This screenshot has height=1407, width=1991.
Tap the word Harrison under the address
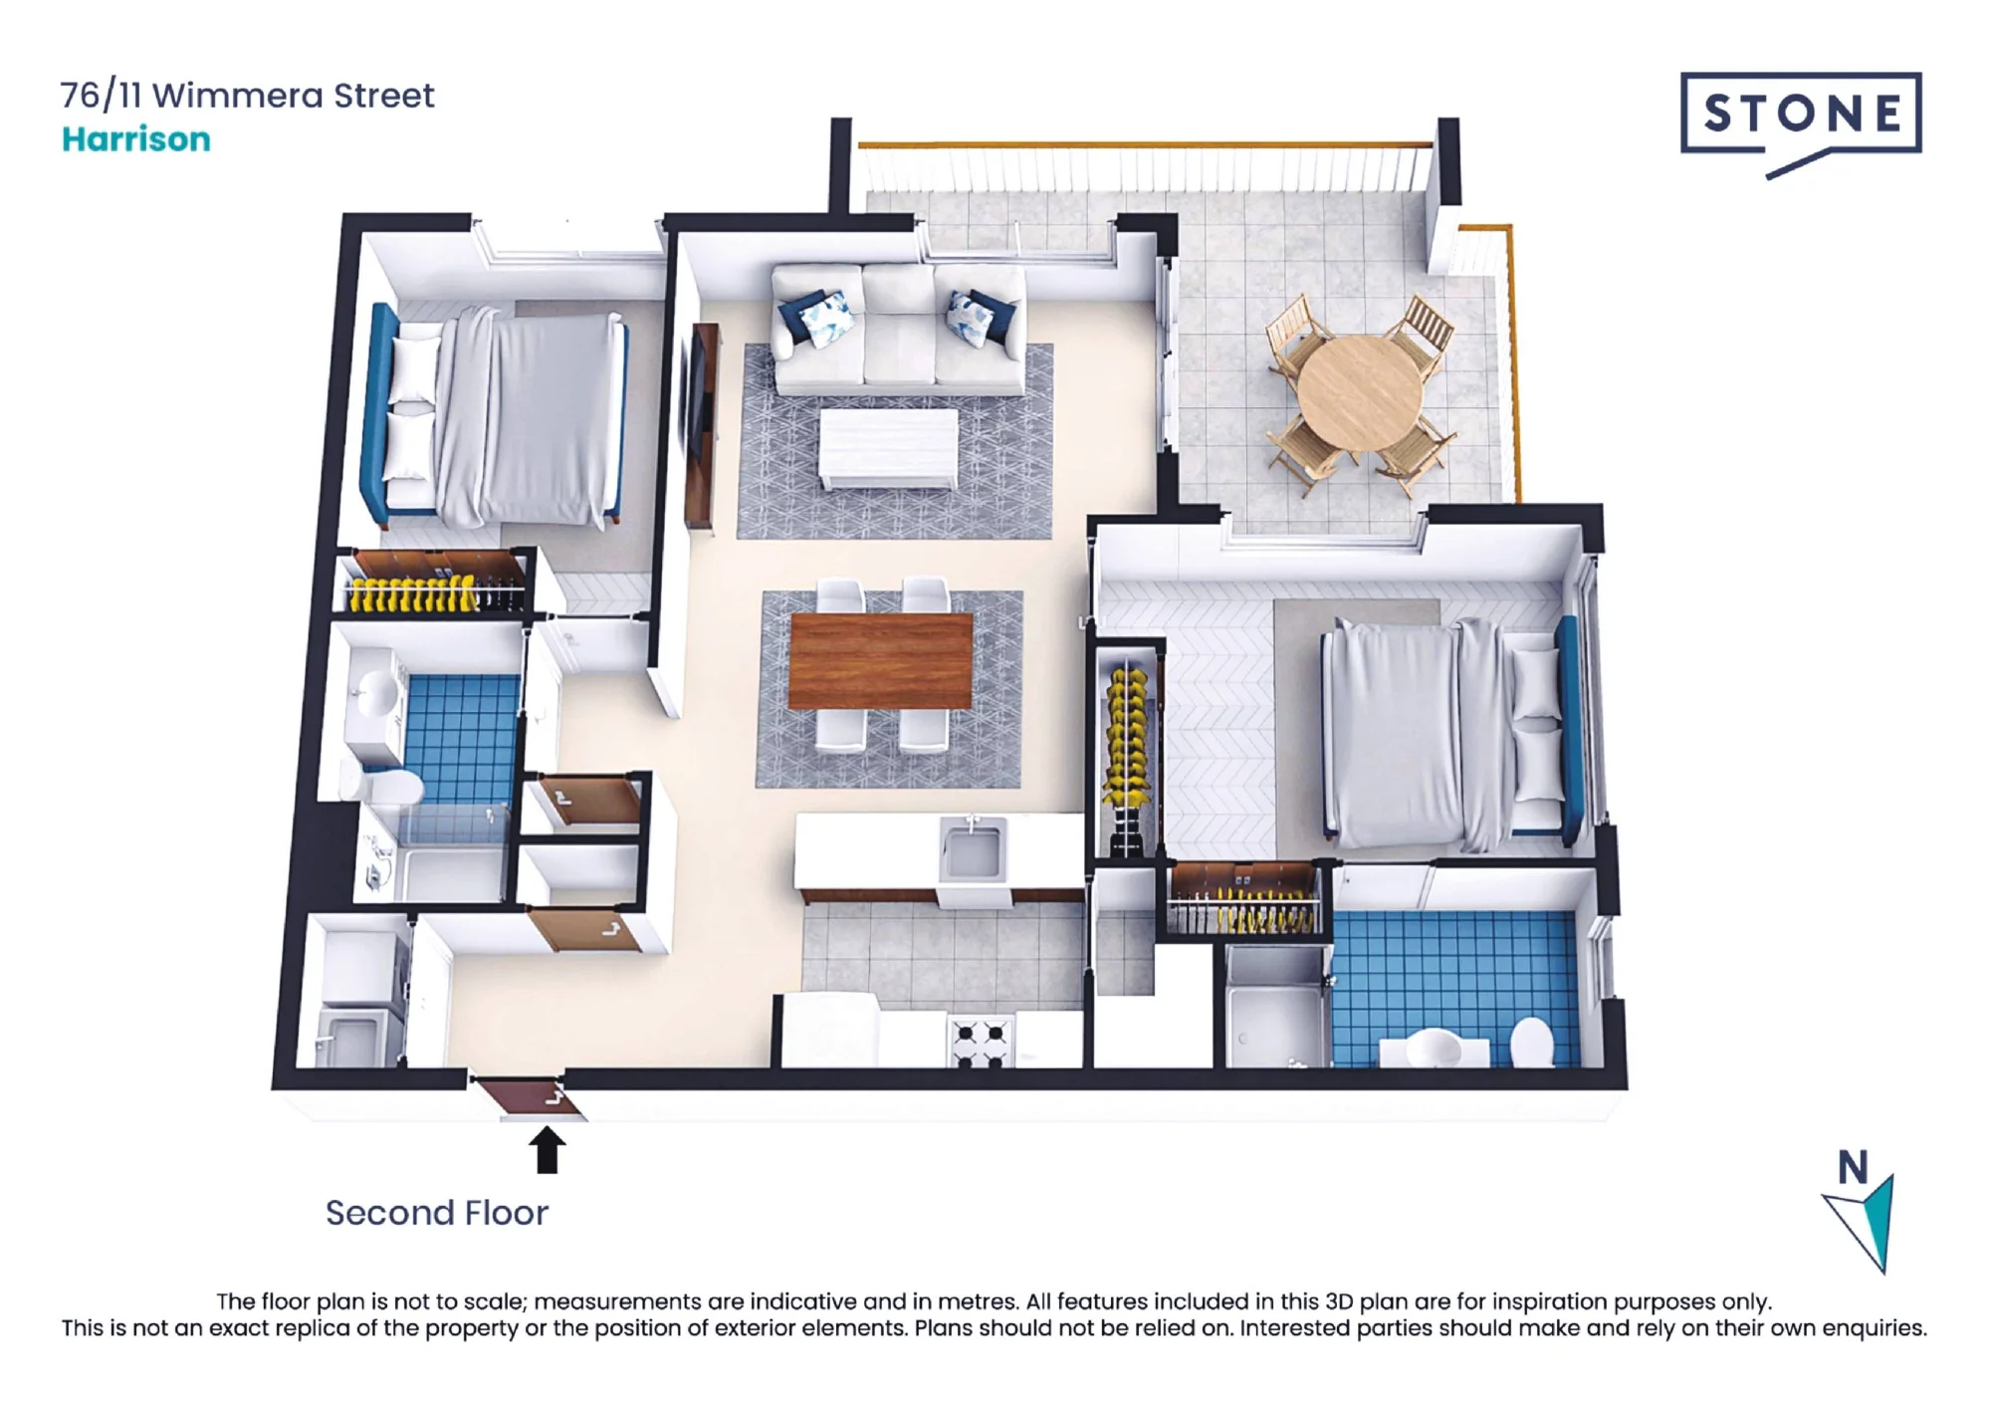click(136, 139)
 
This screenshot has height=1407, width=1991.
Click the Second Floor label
click(437, 1213)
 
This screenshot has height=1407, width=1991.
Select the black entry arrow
click(547, 1149)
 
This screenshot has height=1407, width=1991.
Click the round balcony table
click(1360, 392)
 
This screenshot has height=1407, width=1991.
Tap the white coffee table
click(888, 448)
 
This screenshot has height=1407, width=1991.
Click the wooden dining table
click(880, 661)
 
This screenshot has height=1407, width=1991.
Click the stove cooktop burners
click(980, 1043)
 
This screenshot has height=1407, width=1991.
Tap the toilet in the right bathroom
click(1531, 1042)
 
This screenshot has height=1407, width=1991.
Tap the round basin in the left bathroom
click(376, 692)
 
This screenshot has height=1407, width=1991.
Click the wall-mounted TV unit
click(703, 425)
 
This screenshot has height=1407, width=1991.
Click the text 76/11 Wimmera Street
click(247, 96)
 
